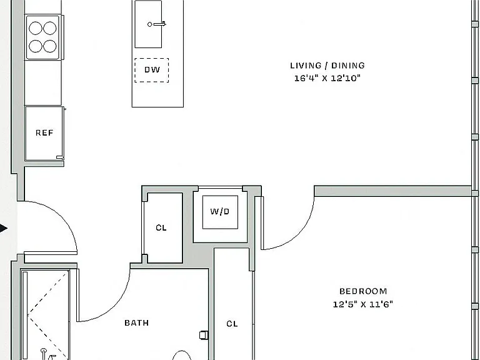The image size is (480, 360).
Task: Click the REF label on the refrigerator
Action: coord(44,132)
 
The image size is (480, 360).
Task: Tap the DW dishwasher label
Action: coord(152,69)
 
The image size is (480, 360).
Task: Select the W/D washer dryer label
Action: coord(220,211)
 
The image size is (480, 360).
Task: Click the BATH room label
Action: coord(136,322)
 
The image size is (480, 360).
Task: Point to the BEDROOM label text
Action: coord(363,291)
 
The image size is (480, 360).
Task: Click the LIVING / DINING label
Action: coord(327,66)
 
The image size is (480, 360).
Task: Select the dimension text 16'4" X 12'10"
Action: coord(327,78)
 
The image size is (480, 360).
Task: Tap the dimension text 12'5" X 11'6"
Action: coord(362,304)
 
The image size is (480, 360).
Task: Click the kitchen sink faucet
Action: coord(157,24)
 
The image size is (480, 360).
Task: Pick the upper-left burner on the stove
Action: coord(36,28)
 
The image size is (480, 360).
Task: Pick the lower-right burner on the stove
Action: coord(49,46)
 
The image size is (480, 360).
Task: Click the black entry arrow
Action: coord(3,228)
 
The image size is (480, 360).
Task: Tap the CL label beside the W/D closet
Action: coord(161,227)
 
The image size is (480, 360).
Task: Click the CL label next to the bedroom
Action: coord(232,324)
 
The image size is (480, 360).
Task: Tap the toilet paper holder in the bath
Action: coord(204,335)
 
